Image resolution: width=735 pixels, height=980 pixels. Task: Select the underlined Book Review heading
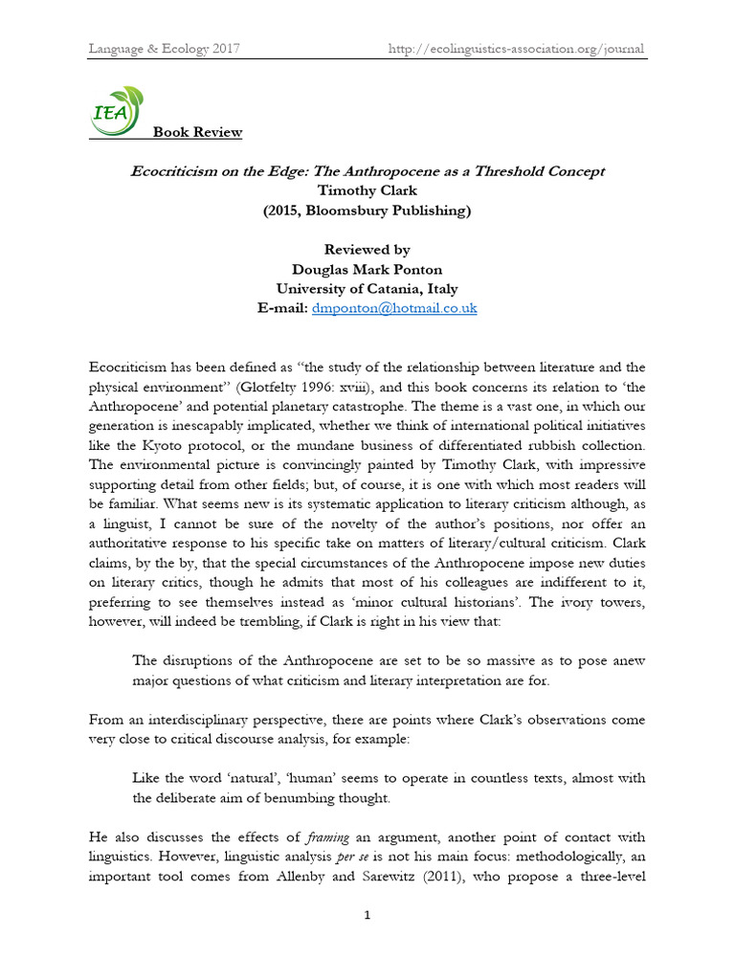[x=197, y=132]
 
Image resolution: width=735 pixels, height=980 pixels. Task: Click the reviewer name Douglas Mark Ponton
[x=367, y=269]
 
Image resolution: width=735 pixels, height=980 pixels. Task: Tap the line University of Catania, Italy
[x=367, y=289]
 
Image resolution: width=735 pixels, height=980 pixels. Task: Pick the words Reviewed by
[x=367, y=250]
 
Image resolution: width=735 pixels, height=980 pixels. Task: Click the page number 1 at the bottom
[x=367, y=916]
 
